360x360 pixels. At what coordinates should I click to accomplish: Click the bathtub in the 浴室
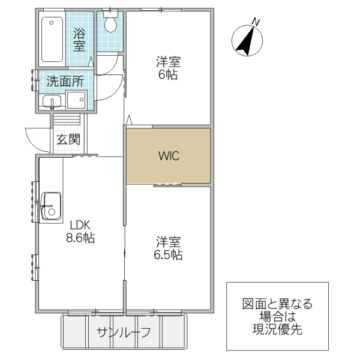point(53,40)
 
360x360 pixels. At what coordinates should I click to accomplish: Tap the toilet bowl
point(110,23)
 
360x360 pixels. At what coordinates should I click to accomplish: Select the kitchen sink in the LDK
point(50,206)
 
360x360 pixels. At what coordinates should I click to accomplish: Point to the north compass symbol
point(247,40)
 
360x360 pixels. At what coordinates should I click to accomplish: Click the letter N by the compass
point(256,22)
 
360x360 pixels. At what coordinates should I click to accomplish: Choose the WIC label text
point(169,156)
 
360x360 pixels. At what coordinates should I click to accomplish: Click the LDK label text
point(80,225)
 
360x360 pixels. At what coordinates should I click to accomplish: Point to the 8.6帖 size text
point(80,238)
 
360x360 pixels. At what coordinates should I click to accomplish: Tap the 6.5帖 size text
point(169,254)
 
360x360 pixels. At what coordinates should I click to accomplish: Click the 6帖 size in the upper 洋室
point(169,75)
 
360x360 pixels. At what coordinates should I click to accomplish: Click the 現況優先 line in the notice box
point(277,329)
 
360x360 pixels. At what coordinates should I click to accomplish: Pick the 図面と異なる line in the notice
point(277,304)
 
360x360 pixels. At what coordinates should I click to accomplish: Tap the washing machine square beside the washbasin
point(76,100)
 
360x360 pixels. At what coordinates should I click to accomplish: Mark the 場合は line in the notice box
point(277,316)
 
